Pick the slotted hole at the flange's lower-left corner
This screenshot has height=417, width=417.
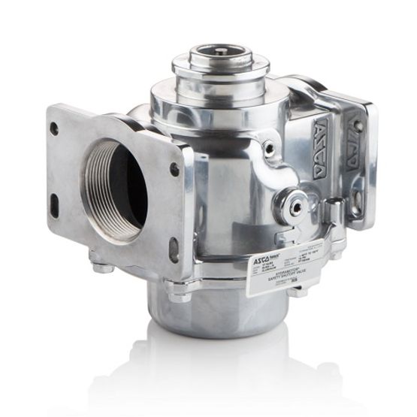54,201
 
